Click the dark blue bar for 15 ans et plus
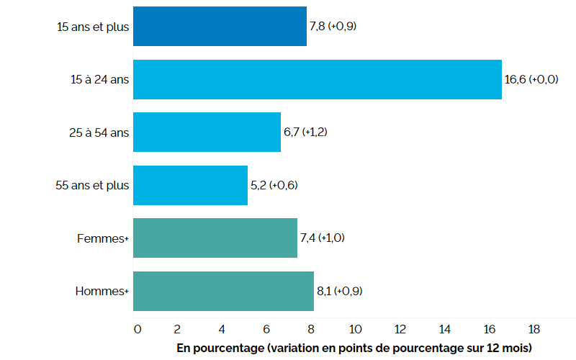[x=220, y=26]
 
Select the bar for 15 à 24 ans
[x=317, y=79]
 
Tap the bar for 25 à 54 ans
[x=207, y=132]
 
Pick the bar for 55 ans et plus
[x=190, y=185]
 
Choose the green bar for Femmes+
[x=215, y=238]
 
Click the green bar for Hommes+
[x=223, y=291]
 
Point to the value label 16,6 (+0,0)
[x=531, y=79]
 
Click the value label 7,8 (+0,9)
[x=333, y=26]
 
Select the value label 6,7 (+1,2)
[x=307, y=132]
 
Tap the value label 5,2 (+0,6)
[x=274, y=185]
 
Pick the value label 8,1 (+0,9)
[x=341, y=291]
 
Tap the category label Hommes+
[x=102, y=291]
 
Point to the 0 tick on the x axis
[x=138, y=329]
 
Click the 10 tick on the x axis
[x=356, y=329]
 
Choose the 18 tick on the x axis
[x=534, y=329]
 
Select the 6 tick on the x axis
[x=266, y=329]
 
